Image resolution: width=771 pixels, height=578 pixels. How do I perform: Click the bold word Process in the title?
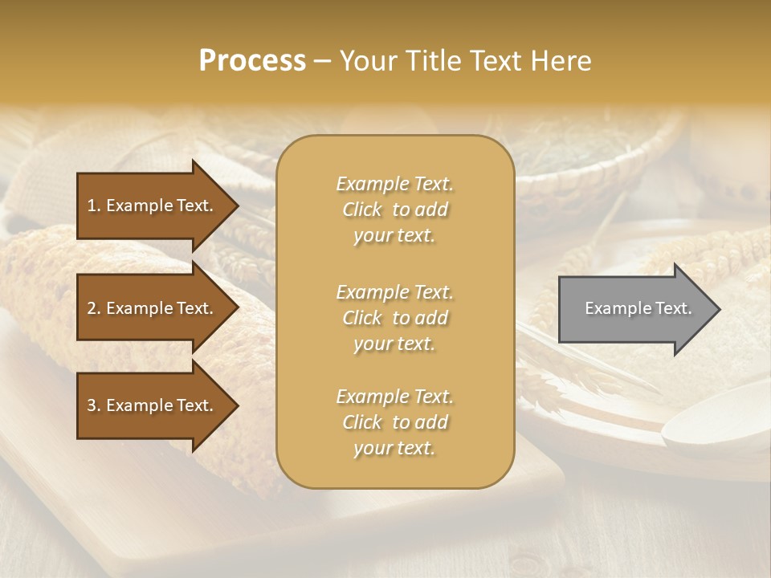pos(252,61)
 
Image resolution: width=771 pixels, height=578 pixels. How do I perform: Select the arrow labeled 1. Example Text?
pos(153,206)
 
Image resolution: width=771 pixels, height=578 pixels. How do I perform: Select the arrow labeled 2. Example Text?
pos(153,308)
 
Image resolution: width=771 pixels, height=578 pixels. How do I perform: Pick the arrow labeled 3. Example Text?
pos(153,405)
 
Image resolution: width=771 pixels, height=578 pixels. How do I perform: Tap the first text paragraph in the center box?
pos(394,210)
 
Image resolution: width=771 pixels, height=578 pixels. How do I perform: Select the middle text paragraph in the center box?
pos(394,318)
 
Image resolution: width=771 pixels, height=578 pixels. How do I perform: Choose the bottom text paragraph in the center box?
pos(394,422)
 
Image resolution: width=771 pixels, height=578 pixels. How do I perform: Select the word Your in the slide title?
pos(369,61)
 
